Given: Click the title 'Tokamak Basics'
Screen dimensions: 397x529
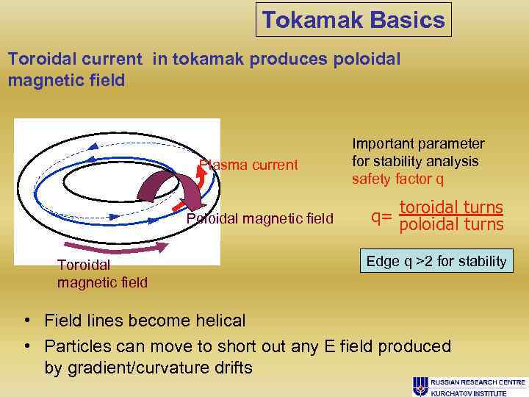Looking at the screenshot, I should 353,20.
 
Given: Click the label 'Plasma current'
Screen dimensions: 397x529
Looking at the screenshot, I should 249,165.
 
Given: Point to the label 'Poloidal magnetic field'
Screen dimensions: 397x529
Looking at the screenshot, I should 259,218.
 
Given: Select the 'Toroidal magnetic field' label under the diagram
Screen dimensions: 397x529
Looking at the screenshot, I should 102,273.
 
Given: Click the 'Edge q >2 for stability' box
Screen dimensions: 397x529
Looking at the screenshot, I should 436,261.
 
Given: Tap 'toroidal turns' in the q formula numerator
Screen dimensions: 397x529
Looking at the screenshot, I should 451,207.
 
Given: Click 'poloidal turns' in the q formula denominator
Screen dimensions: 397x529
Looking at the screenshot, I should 451,224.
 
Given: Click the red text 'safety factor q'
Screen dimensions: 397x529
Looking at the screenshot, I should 397,179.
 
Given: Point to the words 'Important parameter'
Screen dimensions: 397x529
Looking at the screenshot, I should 418,143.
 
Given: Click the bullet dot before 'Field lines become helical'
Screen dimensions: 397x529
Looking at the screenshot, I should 26,321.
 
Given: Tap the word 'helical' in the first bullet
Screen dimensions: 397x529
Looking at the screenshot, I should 219,321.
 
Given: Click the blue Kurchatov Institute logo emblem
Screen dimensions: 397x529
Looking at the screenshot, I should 420,385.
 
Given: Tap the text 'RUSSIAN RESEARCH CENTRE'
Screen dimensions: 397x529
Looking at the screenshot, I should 478,382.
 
